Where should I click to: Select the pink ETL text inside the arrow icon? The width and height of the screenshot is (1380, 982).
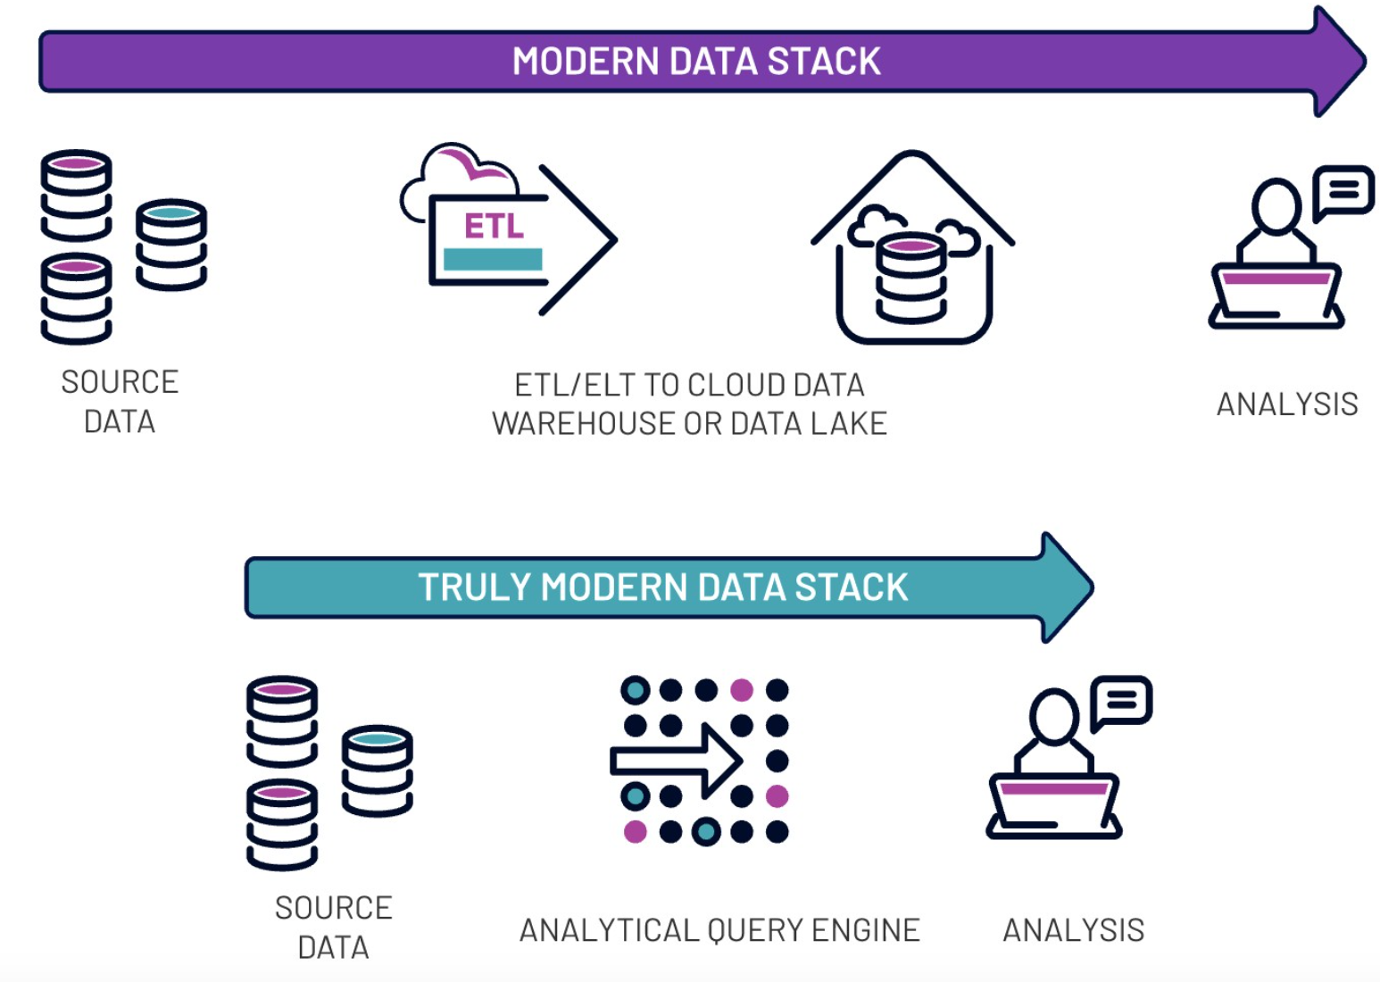(x=494, y=226)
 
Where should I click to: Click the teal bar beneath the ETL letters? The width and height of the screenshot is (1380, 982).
(x=493, y=260)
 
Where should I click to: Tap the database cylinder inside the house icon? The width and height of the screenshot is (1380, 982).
(x=910, y=279)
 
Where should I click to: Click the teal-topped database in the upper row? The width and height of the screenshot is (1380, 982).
(x=171, y=244)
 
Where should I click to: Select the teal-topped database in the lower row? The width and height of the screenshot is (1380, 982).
(x=377, y=770)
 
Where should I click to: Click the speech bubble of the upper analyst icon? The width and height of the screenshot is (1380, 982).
(x=1343, y=190)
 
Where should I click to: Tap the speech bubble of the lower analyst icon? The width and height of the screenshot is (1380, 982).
(x=1122, y=701)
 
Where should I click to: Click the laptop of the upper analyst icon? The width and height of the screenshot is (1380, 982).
(x=1276, y=295)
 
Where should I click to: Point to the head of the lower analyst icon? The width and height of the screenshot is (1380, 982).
(x=1054, y=715)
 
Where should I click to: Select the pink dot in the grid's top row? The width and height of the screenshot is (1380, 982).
(x=742, y=690)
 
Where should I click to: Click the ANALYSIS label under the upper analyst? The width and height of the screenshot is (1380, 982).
(x=1286, y=404)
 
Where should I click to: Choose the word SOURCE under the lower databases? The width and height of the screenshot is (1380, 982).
(x=333, y=908)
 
